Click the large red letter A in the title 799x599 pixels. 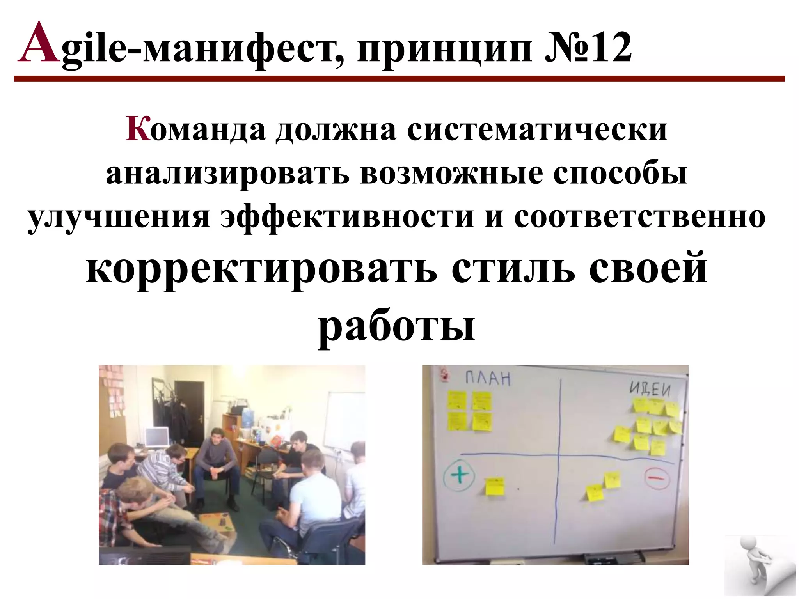[x=39, y=44]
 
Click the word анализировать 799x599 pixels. [x=227, y=174]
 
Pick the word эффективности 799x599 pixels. [x=347, y=217]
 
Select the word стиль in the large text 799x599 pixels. [x=513, y=269]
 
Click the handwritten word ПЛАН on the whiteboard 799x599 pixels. [x=488, y=378]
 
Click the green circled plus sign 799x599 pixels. [x=460, y=475]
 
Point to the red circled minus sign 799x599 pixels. [x=657, y=477]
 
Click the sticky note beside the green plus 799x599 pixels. [x=495, y=486]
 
